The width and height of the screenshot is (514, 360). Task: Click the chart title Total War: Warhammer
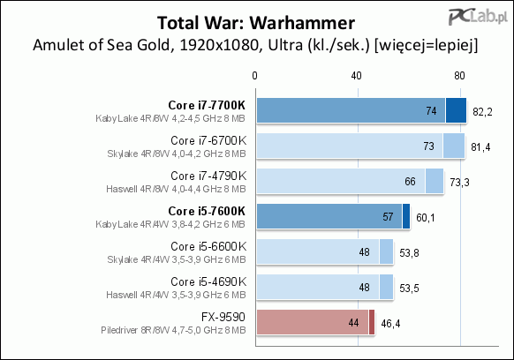coord(256,23)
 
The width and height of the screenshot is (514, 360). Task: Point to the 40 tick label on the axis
coord(356,76)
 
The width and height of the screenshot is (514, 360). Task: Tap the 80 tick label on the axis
coord(459,76)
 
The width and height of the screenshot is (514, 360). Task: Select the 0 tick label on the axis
coord(254,76)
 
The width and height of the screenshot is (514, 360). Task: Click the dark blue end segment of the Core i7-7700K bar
coord(456,110)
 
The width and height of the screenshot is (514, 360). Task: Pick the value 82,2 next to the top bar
coord(482,112)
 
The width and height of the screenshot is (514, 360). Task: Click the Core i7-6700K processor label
coord(208,140)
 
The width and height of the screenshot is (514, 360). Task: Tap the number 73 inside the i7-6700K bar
coord(428,146)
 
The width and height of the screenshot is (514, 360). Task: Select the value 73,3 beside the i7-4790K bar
coord(459,182)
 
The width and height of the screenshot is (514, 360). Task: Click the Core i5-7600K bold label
coord(207,211)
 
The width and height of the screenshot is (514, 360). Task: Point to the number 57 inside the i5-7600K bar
coord(388,216)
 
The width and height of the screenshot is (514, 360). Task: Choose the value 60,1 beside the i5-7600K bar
coord(426,218)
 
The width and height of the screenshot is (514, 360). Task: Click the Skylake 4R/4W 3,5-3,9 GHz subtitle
coord(177,259)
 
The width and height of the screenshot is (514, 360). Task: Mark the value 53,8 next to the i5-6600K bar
coord(409,253)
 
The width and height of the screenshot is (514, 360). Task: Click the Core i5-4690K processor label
coord(208,281)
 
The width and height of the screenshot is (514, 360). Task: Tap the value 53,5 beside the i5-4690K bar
coord(409,289)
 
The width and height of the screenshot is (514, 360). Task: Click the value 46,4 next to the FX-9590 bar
coord(390,324)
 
